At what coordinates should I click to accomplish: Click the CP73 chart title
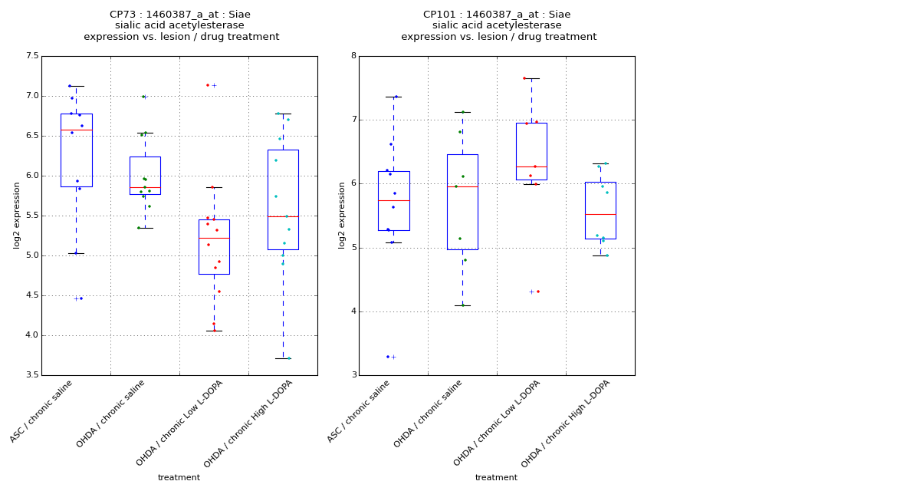click(x=181, y=25)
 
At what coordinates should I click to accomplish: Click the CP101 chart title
click(x=498, y=25)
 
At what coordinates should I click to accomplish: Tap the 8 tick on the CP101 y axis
click(x=353, y=56)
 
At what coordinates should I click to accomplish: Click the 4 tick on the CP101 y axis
click(x=353, y=311)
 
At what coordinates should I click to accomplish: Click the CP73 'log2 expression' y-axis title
click(x=17, y=215)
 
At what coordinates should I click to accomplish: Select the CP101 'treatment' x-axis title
click(x=496, y=478)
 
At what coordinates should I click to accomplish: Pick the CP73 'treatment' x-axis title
click(x=179, y=478)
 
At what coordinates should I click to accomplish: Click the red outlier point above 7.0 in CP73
click(x=208, y=85)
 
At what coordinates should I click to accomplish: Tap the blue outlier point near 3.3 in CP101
click(x=388, y=357)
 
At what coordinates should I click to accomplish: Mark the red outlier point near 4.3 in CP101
click(x=537, y=292)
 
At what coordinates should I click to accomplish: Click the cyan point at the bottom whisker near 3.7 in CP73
click(x=289, y=358)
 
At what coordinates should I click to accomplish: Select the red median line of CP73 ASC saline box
click(x=76, y=130)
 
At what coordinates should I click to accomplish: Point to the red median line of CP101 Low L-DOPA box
click(x=531, y=166)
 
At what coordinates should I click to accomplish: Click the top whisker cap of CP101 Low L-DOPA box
click(x=531, y=78)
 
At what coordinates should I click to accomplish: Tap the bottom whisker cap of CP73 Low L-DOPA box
click(x=214, y=331)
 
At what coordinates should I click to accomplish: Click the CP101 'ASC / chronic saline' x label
click(x=359, y=411)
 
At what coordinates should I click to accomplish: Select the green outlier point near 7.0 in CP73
click(x=143, y=97)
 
